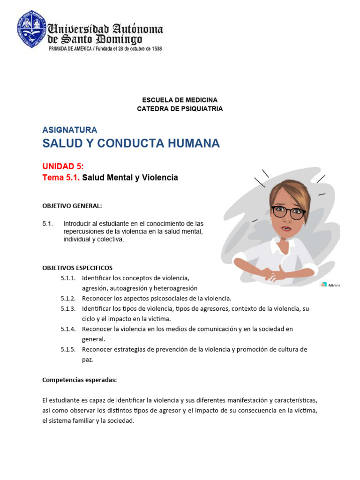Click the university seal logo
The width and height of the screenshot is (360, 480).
tap(32, 30)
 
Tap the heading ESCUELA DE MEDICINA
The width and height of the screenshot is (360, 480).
tap(180, 100)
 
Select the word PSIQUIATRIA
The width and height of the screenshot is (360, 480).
tap(202, 109)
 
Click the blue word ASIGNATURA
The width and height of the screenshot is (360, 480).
tap(69, 130)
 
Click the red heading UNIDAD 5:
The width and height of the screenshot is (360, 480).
tap(63, 166)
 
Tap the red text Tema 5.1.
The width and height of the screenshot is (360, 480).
tap(61, 178)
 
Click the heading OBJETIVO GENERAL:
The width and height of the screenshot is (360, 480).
tap(72, 206)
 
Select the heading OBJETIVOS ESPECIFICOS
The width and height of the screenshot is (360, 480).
tap(77, 268)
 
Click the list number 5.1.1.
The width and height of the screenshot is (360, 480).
tap(68, 278)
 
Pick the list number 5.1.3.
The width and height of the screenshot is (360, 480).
tap(68, 308)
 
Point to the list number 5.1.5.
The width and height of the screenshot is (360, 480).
tap(68, 349)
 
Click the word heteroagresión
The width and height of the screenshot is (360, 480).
tap(175, 288)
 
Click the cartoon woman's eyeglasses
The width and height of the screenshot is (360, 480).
tap(288, 212)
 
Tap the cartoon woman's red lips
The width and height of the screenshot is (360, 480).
tap(286, 228)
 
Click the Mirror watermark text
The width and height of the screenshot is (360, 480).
tap(334, 285)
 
